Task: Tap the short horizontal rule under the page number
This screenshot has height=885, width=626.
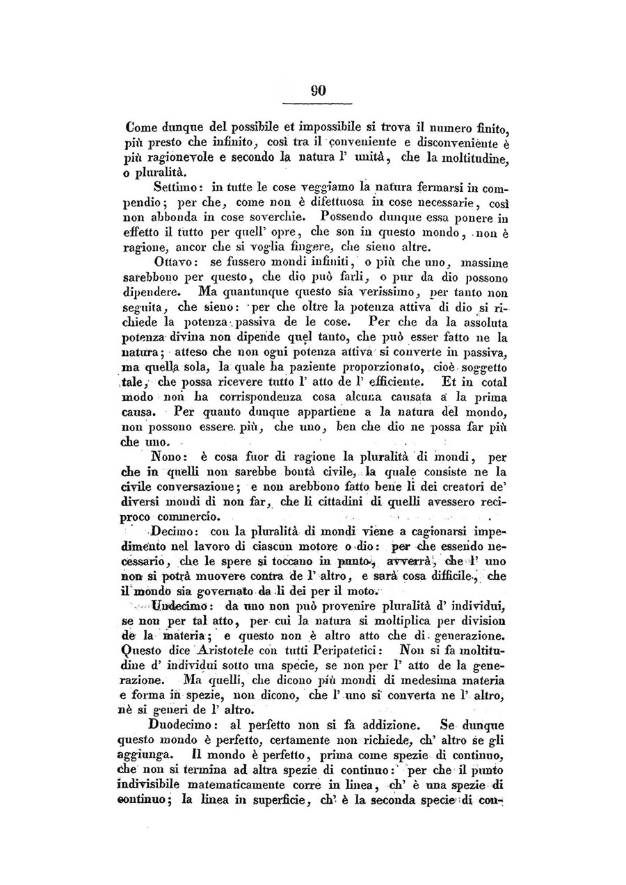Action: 319,104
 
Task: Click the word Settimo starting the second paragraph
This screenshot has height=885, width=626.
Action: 175,187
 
